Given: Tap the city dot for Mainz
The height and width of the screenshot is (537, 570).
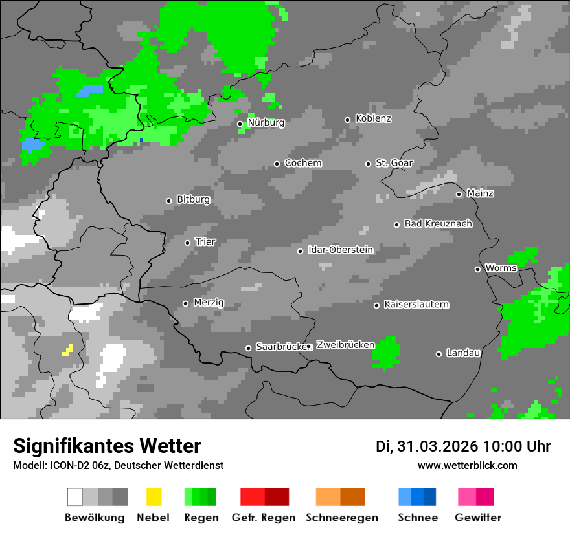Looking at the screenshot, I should (459, 194).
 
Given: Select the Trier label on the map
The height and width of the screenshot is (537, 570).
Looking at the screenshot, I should (205, 242).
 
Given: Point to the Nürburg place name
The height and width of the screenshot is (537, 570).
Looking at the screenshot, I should (266, 122).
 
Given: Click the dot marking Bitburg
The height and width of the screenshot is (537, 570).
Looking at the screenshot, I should (168, 201).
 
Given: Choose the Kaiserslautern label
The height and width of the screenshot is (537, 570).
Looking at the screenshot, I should (416, 305).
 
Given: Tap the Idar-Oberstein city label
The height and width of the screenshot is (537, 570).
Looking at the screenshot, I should (341, 250).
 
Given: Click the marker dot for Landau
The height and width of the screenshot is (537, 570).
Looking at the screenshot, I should (439, 354).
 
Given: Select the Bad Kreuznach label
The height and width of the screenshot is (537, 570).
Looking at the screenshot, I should (438, 224).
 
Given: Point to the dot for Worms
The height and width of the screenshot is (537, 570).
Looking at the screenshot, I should (477, 269).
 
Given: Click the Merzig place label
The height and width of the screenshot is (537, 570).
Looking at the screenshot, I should (209, 303).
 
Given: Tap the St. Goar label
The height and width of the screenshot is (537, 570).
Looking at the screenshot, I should (394, 163).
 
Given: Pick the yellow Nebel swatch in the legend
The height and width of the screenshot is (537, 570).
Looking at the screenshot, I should (154, 497).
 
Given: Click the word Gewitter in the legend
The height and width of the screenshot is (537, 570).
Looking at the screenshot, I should (478, 518).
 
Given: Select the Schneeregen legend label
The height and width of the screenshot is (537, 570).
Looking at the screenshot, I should (342, 518).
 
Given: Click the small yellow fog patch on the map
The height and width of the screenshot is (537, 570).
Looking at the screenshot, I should (67, 350).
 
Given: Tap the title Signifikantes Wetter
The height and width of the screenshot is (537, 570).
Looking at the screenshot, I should (107, 446).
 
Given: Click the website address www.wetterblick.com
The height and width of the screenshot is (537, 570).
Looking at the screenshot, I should (468, 465).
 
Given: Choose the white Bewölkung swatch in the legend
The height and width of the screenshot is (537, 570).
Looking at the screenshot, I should (74, 497).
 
